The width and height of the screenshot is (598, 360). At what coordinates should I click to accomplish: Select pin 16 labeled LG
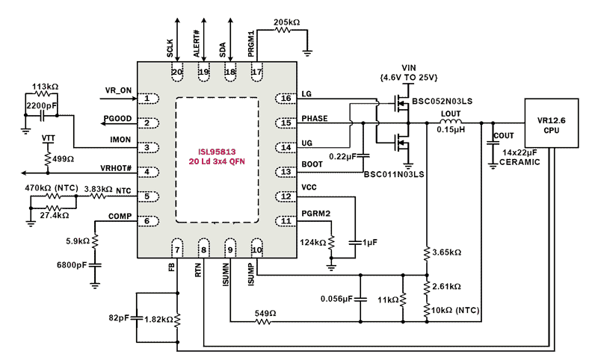pyautogui.click(x=284, y=98)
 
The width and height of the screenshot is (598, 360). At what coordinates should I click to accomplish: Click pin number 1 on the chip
pyautogui.click(x=149, y=98)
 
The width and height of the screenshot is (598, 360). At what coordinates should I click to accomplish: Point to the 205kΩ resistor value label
pyautogui.click(x=286, y=23)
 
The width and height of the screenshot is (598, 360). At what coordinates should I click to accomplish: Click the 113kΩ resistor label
pyautogui.click(x=46, y=87)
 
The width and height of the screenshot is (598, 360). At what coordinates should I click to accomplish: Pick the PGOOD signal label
pyautogui.click(x=118, y=118)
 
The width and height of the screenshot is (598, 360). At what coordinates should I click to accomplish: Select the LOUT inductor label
pyautogui.click(x=451, y=114)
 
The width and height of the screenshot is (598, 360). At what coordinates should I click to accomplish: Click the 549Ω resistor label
pyautogui.click(x=265, y=314)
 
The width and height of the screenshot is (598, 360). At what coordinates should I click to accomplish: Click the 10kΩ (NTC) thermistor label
pyautogui.click(x=456, y=310)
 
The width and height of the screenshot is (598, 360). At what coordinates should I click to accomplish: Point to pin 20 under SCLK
pyautogui.click(x=177, y=72)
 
